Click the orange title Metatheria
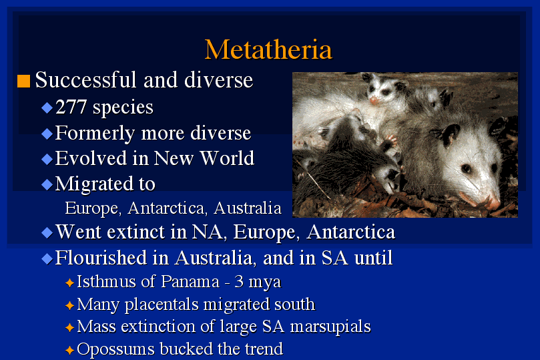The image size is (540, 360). pos(268,49)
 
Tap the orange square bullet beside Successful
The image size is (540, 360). pos(24,81)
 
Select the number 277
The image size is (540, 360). pos(71,107)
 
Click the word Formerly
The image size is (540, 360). pos(95,134)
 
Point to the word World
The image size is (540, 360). pos(227,158)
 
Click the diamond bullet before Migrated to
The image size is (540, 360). pos(47,184)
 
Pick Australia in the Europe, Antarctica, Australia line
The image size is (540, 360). pos(247,208)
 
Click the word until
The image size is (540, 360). pos(373,258)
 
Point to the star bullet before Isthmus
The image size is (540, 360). pos(69,283)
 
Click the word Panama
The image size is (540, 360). pos(190,281)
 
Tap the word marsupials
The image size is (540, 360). pos(330,327)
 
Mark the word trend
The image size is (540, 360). pos(264,349)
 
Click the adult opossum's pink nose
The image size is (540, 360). pos(493,203)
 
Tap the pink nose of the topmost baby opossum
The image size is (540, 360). pos(374,101)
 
